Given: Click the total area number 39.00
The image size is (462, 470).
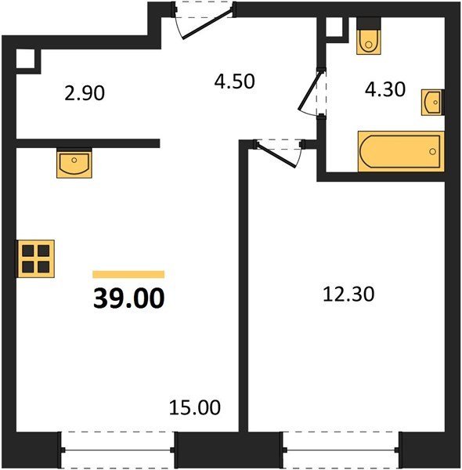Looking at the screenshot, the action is tap(129, 298).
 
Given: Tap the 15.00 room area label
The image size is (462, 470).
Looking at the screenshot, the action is tap(195, 407).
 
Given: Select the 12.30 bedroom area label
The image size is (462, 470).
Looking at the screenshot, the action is tap(348, 294).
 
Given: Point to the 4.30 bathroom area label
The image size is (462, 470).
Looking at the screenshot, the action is tap(385, 89).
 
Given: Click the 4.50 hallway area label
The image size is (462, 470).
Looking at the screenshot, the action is tap(235, 81).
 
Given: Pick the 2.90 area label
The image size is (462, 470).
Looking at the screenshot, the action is tap(85, 93).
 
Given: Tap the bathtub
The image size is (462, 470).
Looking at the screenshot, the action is tap(401, 151).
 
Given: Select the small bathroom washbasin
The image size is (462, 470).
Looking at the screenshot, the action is tap(431, 102).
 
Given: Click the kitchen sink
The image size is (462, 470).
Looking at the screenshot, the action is tap(74, 164).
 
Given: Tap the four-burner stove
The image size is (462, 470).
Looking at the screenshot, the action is tap(36, 258).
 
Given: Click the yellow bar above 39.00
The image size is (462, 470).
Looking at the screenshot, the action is tap(128, 274).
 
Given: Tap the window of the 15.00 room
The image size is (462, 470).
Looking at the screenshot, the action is tap(117, 450).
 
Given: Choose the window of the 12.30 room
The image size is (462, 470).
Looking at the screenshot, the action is tap(341, 450).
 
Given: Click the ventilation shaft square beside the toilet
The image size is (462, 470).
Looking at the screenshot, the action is tap(334, 27).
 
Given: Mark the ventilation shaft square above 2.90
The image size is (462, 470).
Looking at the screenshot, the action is tap(26, 59).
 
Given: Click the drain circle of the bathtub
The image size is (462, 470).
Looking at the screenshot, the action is tap(432, 152).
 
